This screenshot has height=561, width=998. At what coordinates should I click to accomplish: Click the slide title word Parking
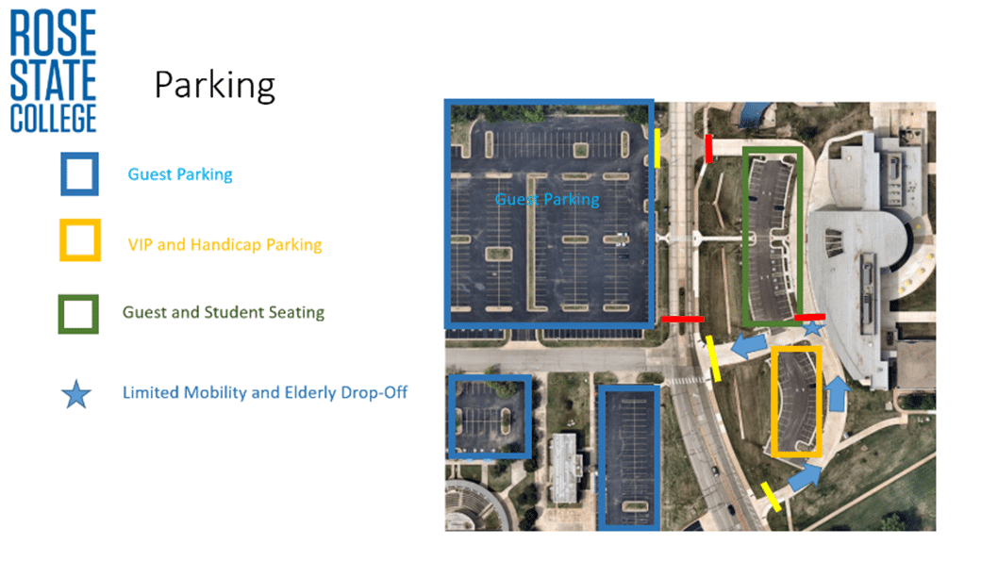coord(214,86)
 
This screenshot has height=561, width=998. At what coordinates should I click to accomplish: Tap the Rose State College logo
coord(53,71)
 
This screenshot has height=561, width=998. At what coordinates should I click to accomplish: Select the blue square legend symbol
coord(79,173)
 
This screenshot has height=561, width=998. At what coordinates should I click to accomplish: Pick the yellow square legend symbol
coord(80,240)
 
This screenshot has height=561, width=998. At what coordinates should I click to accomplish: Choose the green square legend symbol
coord(78,314)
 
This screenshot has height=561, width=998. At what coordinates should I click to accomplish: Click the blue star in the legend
coord(76,394)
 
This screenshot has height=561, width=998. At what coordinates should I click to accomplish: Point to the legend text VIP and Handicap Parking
coord(225,245)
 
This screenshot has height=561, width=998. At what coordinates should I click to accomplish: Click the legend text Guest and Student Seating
coord(224,312)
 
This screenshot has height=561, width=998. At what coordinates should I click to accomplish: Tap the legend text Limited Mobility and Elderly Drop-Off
coord(265,392)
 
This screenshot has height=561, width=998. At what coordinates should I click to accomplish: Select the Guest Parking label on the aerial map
coord(547,200)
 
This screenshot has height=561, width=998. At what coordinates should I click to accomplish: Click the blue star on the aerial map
coord(812,328)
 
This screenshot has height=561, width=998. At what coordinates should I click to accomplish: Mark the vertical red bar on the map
coord(708,148)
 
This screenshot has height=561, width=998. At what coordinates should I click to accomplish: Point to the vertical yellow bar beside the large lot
coord(657,148)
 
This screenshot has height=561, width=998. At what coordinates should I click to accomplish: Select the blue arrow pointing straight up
coord(838,393)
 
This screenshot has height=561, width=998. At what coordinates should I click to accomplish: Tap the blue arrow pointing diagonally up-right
coord(805,476)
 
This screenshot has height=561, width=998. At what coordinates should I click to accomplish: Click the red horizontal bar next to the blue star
coord(809,317)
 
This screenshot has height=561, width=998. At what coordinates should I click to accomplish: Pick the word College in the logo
coord(53,119)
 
